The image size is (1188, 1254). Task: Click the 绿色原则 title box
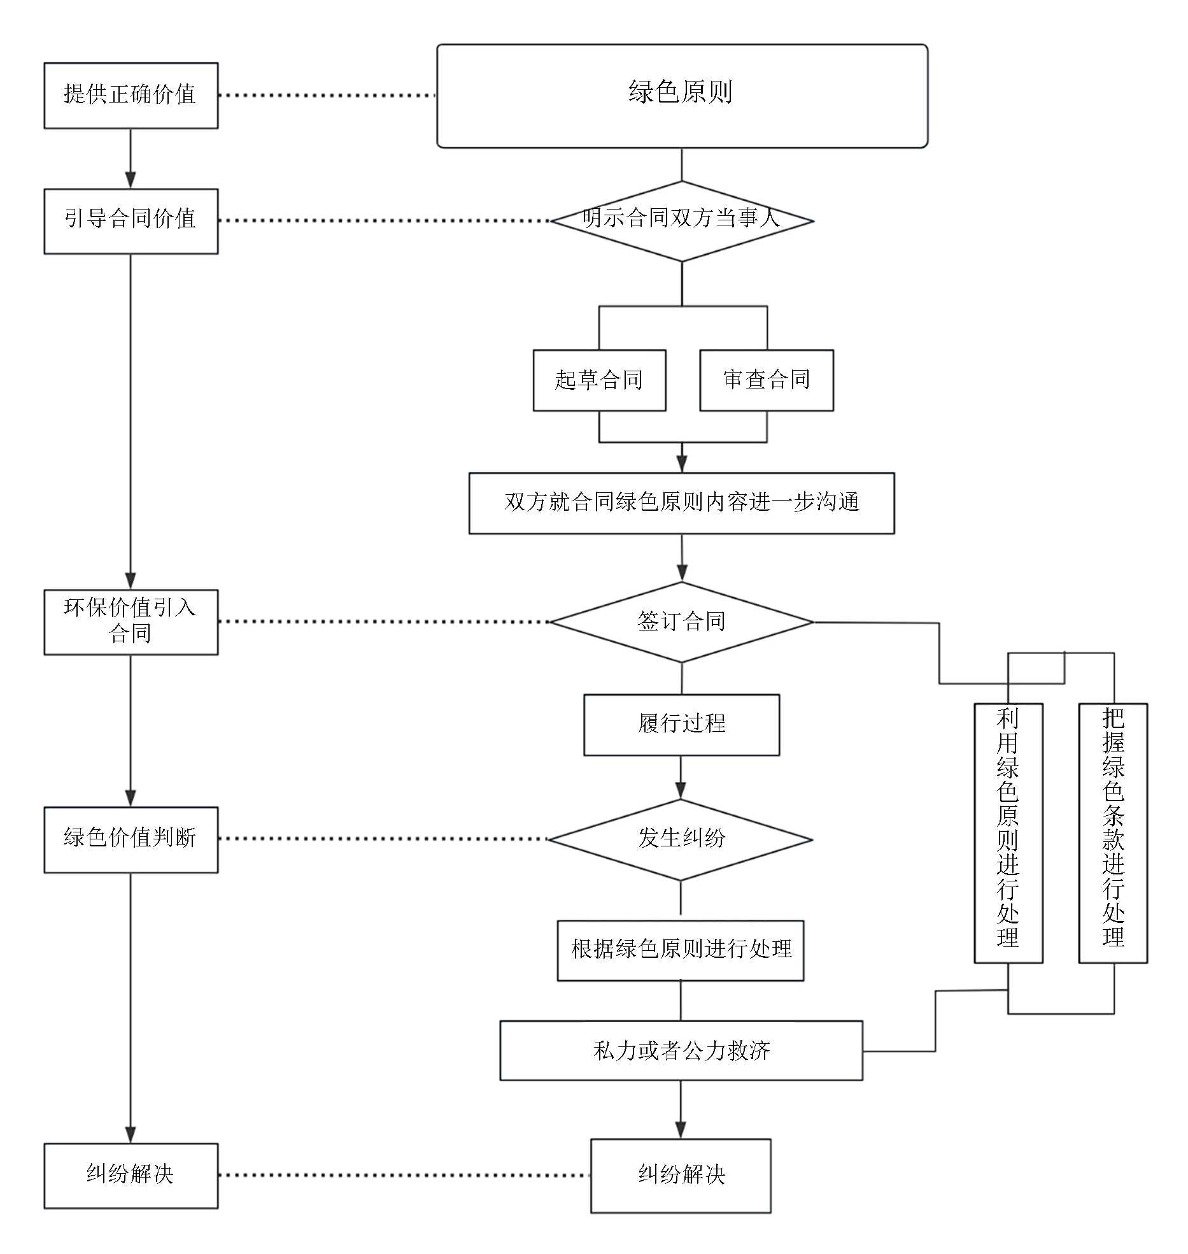point(682,96)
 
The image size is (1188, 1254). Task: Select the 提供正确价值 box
point(131,96)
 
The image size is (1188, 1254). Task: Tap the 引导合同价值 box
point(131,221)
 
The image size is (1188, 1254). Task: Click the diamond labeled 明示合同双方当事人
point(682,221)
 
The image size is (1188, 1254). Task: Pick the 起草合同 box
point(599,380)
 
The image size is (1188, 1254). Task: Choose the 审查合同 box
point(767,380)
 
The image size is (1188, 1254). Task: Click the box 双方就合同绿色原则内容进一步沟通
point(681,503)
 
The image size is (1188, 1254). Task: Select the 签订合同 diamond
point(682,622)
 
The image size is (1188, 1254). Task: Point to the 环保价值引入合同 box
point(131,622)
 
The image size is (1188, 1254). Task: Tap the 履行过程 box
point(681,725)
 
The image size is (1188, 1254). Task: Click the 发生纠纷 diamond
point(681,839)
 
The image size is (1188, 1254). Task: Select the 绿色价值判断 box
point(131,839)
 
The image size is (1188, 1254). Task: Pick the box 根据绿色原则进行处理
point(681,950)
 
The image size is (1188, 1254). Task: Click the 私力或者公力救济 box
point(681,1050)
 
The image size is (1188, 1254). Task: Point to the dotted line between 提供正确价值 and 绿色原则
point(327,96)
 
